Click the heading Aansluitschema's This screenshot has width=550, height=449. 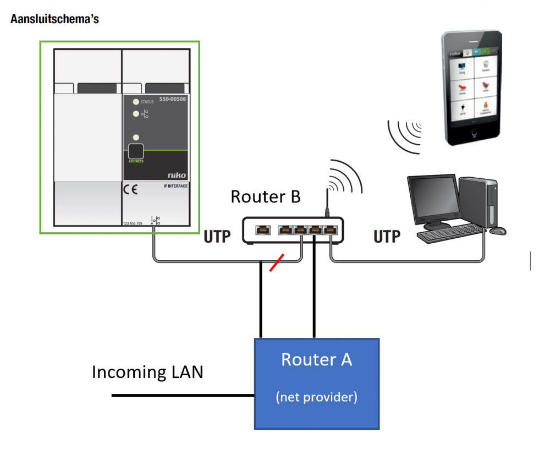[54, 19]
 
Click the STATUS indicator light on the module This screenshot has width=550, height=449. [135, 102]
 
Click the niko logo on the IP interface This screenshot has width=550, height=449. [177, 176]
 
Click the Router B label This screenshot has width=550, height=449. [265, 196]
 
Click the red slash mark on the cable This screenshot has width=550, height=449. [277, 262]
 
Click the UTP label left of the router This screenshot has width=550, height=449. [217, 236]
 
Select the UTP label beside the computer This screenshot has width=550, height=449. [387, 237]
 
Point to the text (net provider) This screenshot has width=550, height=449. [316, 397]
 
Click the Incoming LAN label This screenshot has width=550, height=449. [147, 372]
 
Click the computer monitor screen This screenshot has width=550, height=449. [433, 200]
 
